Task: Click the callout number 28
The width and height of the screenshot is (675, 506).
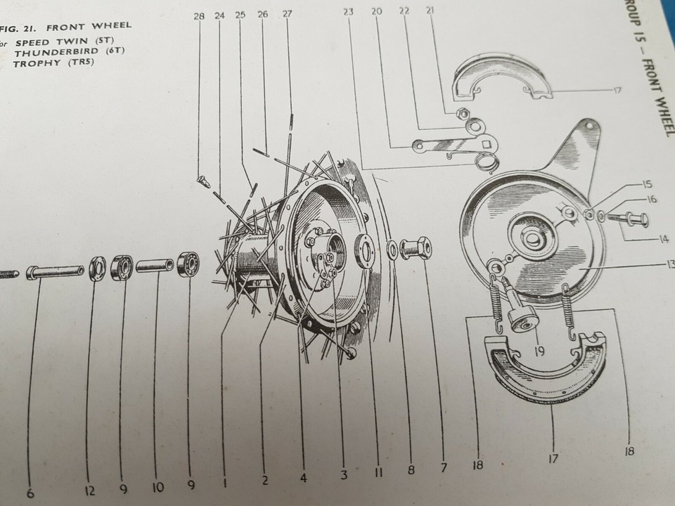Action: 199,15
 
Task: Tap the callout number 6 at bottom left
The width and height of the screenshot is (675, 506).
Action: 30,493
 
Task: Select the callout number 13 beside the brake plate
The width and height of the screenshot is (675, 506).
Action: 669,264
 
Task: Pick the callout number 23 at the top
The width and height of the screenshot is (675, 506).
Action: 349,11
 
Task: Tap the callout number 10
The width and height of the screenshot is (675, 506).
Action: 157,486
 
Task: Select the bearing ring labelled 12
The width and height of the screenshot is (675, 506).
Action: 97,268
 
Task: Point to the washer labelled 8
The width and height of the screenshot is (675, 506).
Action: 391,249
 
